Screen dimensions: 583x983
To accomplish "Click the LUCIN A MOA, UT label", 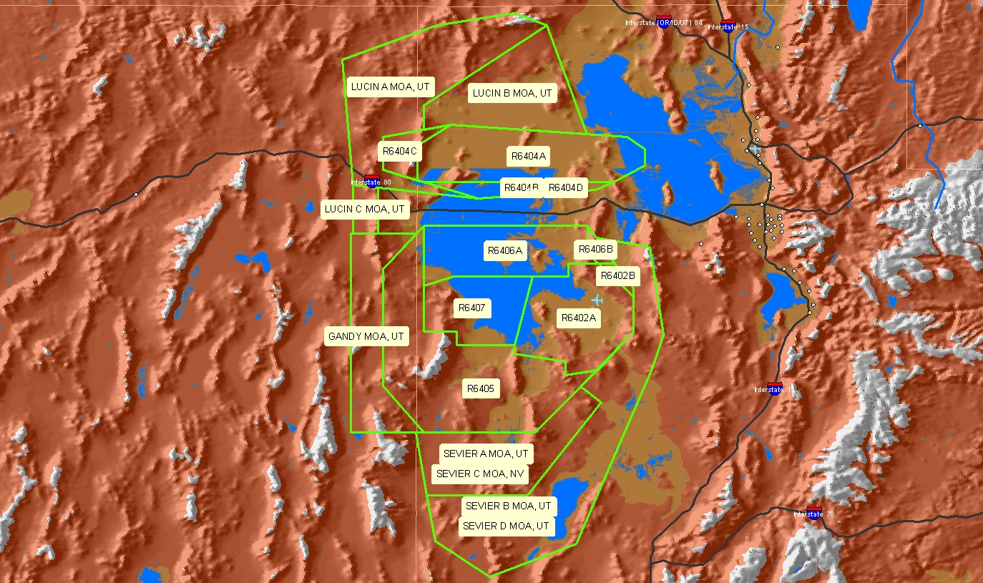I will pyautogui.click(x=391, y=87).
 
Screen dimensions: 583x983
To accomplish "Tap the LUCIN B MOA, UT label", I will pyautogui.click(x=513, y=93).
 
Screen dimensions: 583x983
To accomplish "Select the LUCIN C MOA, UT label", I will pyautogui.click(x=365, y=210).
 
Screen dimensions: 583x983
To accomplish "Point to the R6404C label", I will pyautogui.click(x=399, y=151).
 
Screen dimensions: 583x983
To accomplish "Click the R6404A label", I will pyautogui.click(x=529, y=156).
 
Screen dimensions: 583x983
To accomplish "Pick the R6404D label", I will pyautogui.click(x=566, y=188).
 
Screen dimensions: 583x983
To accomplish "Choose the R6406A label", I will pyautogui.click(x=505, y=250).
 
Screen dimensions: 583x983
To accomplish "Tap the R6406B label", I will pyautogui.click(x=595, y=250).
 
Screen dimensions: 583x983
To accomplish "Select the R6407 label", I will pyautogui.click(x=471, y=308).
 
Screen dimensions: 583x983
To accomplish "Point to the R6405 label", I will pyautogui.click(x=480, y=389).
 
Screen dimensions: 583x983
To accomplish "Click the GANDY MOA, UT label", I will pyautogui.click(x=366, y=336).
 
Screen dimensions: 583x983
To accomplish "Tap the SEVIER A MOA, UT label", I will pyautogui.click(x=486, y=454).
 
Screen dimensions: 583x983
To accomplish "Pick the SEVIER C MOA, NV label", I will pyautogui.click(x=481, y=474).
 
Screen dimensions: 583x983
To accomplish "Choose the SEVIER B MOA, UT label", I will pyautogui.click(x=509, y=506).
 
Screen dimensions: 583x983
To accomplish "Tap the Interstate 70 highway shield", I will pyautogui.click(x=813, y=511).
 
